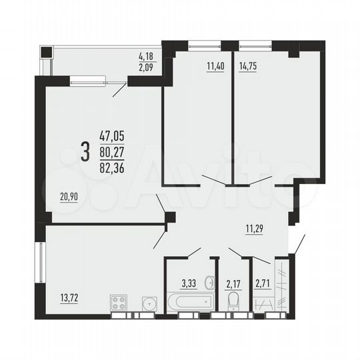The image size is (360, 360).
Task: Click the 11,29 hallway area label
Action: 255,231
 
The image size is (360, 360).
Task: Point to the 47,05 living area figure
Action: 111,136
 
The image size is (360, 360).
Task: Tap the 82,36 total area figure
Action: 111,164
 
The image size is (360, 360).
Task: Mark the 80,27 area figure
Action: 111,150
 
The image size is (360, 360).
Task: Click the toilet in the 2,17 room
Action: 233,303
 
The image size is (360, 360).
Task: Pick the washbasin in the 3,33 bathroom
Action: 209,280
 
